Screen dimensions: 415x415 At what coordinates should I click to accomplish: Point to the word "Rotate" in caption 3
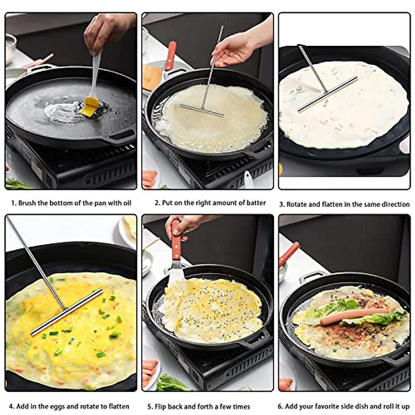tap(297, 204)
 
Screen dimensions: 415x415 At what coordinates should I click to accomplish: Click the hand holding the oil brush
tap(104, 31)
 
